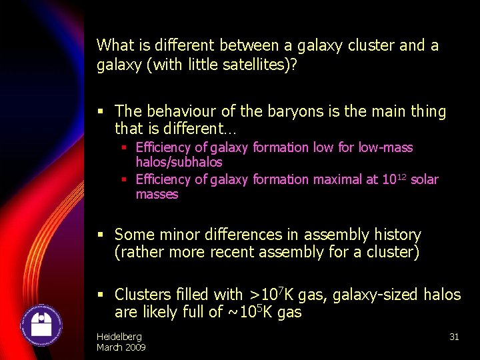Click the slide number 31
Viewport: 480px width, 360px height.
point(454,337)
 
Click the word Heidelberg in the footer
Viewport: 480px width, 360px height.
point(119,337)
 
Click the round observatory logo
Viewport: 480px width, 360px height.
point(42,325)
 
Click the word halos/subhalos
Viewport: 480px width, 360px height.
point(179,162)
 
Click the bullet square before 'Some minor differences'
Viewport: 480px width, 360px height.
point(101,235)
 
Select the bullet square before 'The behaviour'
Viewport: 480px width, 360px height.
point(101,111)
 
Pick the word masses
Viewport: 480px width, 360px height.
point(157,195)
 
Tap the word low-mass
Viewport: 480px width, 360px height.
point(386,147)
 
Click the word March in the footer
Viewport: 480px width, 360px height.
point(111,347)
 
